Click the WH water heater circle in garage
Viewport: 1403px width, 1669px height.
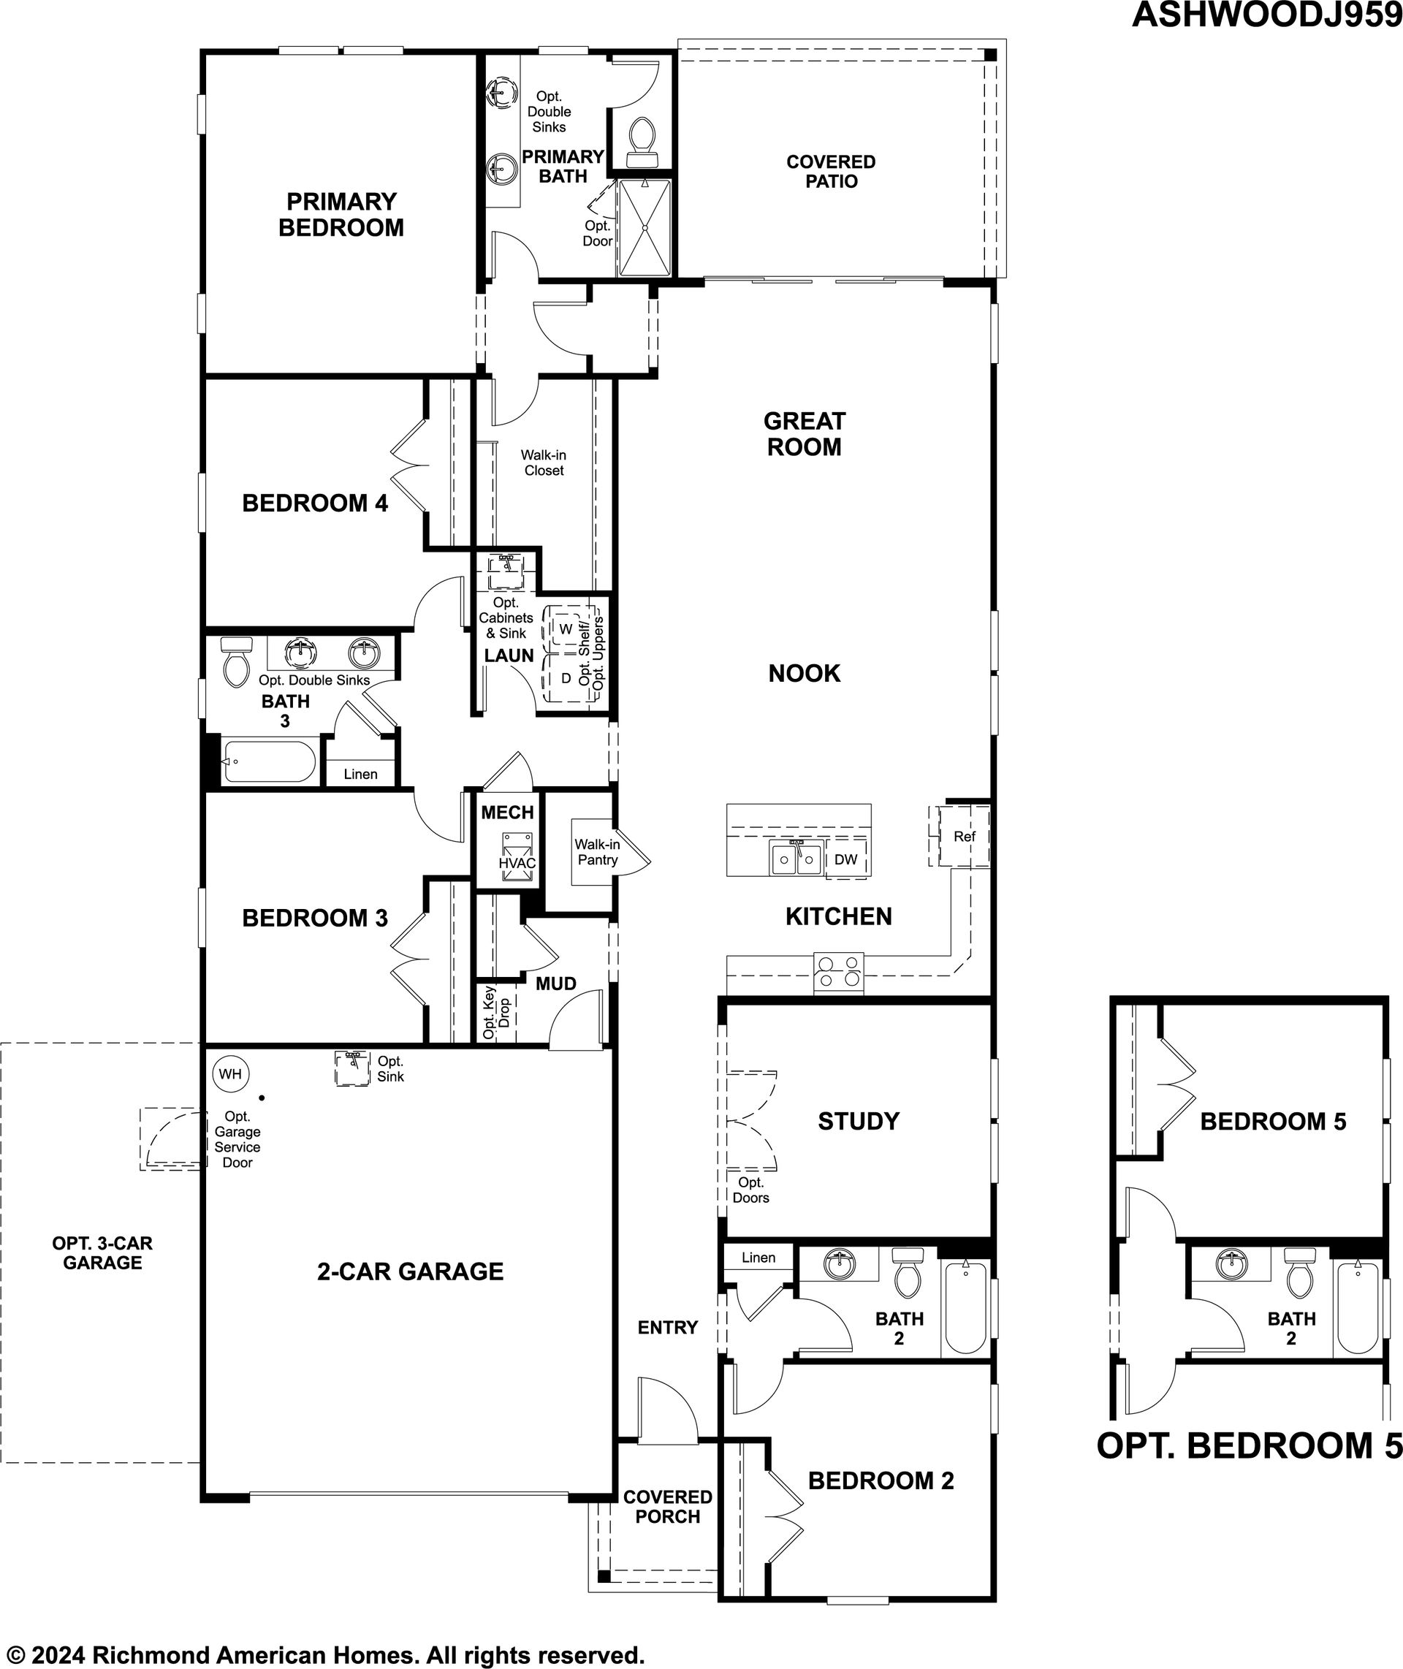pyautogui.click(x=231, y=1074)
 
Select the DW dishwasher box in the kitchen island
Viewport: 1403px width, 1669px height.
pyautogui.click(x=846, y=859)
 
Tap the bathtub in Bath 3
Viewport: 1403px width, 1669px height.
pyautogui.click(x=269, y=761)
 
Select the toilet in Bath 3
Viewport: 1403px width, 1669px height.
pyautogui.click(x=236, y=661)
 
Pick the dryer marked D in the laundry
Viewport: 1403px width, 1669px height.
pyautogui.click(x=566, y=678)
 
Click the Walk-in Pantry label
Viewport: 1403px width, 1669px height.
pyautogui.click(x=597, y=851)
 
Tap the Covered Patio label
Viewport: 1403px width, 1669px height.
pyautogui.click(x=831, y=171)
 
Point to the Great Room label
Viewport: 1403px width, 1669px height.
pyautogui.click(x=804, y=433)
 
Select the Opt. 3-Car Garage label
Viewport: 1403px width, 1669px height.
pyautogui.click(x=102, y=1252)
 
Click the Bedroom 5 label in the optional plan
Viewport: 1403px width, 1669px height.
pyautogui.click(x=1274, y=1121)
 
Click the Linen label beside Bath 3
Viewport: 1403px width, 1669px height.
pyautogui.click(x=360, y=774)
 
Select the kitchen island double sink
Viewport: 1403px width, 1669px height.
pyautogui.click(x=795, y=857)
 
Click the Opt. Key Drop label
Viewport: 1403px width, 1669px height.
pyautogui.click(x=496, y=1013)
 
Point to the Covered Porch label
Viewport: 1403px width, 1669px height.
pyautogui.click(x=667, y=1507)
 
